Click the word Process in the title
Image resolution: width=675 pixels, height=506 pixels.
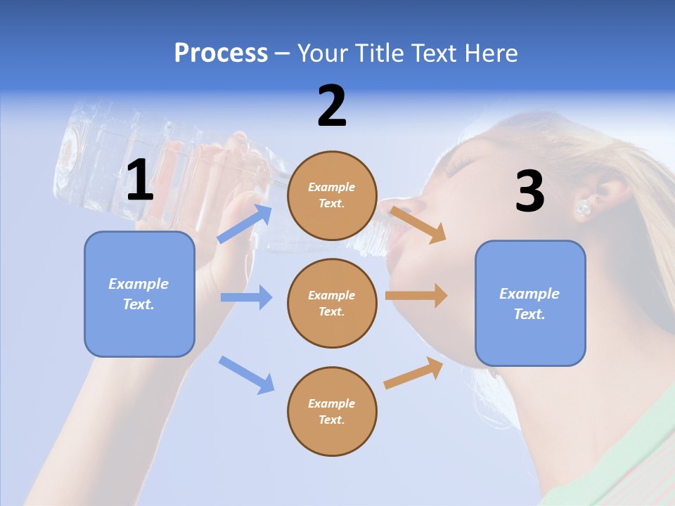(x=221, y=53)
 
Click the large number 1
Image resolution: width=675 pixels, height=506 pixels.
(x=140, y=181)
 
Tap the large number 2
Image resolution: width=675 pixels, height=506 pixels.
(x=332, y=106)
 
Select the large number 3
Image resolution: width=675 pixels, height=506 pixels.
(x=529, y=191)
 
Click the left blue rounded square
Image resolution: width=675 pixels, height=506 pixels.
(x=139, y=294)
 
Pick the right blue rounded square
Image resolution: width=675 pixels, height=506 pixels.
(x=530, y=303)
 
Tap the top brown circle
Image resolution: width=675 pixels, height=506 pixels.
(x=332, y=195)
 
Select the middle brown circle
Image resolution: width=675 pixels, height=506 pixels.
(x=332, y=303)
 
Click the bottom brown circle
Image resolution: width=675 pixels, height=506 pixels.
(x=332, y=411)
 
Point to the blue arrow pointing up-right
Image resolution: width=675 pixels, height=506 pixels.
(x=245, y=224)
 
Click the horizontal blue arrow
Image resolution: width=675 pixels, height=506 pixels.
(x=246, y=297)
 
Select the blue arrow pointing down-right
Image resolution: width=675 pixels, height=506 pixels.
(x=246, y=375)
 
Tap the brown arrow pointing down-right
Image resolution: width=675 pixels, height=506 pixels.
(x=418, y=224)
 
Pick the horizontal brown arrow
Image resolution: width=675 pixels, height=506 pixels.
(x=416, y=295)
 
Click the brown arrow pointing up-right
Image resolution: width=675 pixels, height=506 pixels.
(x=414, y=372)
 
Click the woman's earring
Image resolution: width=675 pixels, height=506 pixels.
(x=583, y=208)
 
